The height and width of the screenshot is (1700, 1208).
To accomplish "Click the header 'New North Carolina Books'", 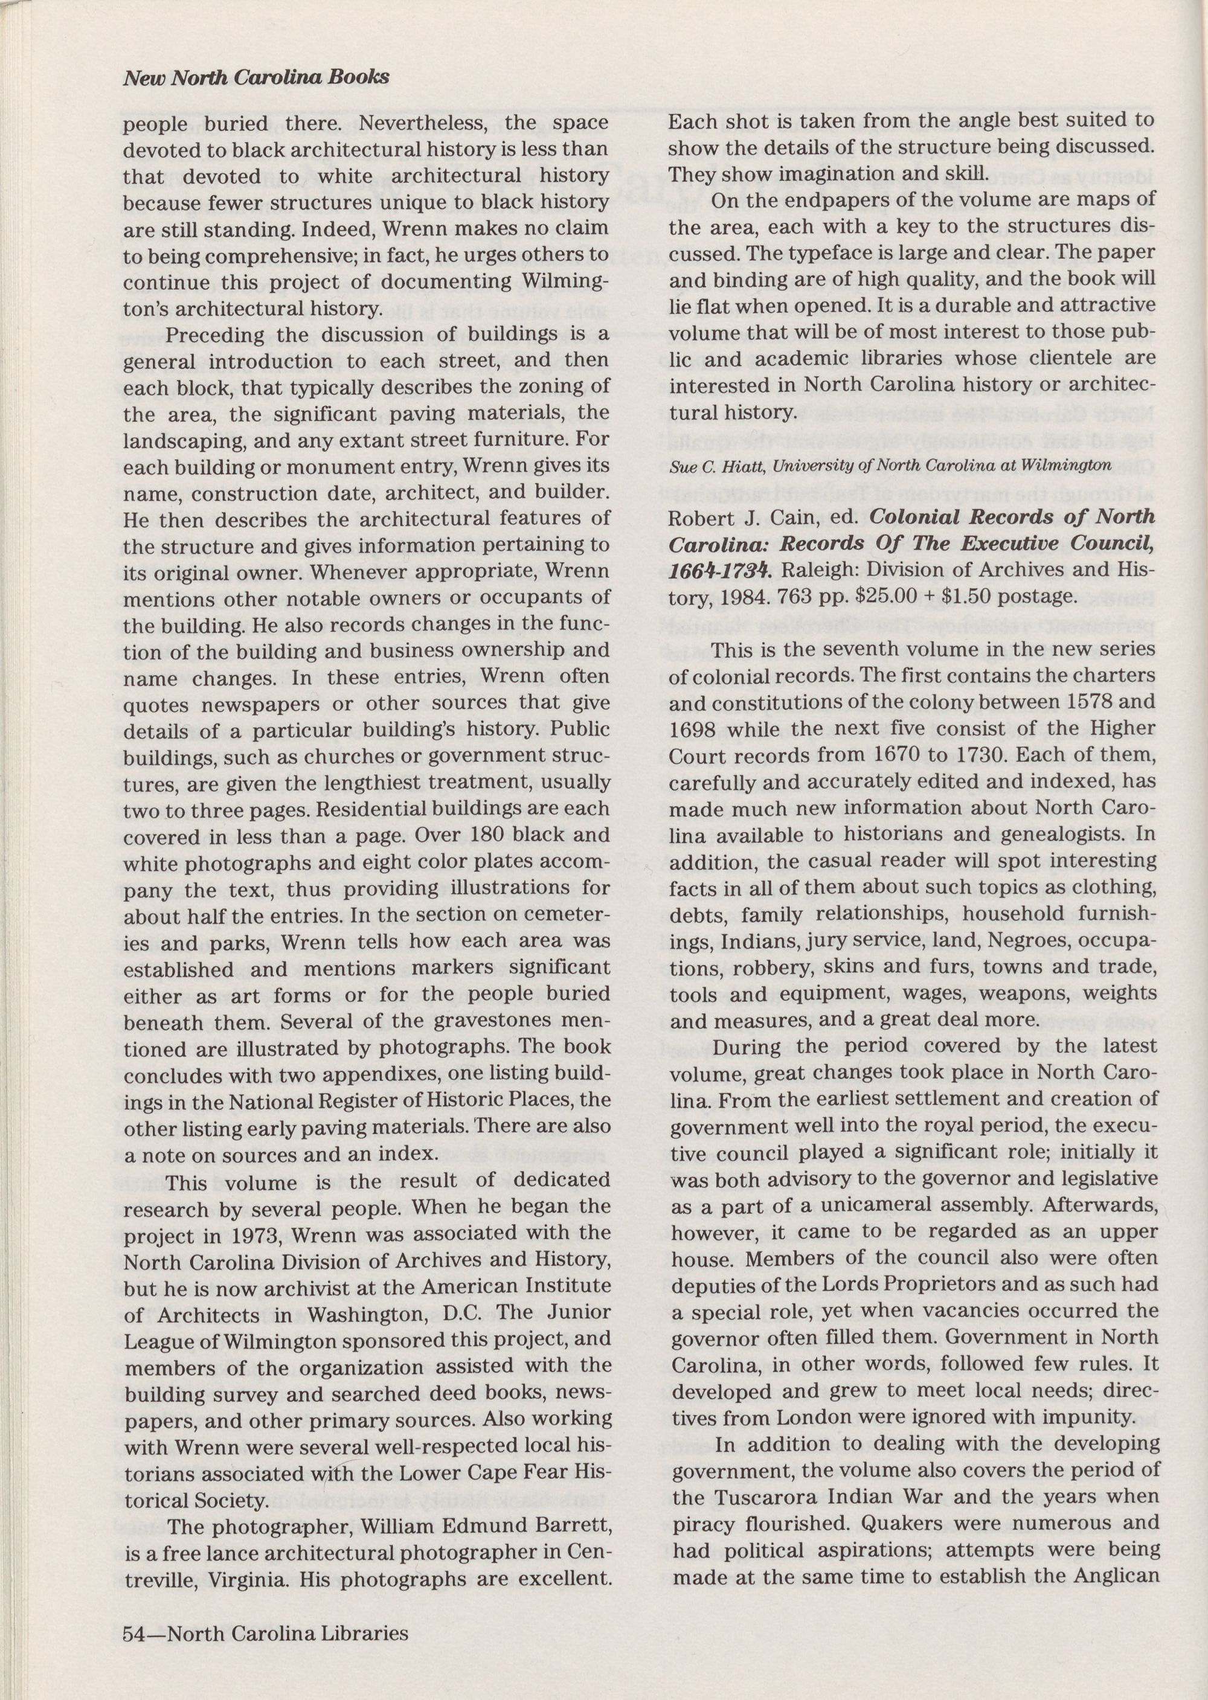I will [x=256, y=77].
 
